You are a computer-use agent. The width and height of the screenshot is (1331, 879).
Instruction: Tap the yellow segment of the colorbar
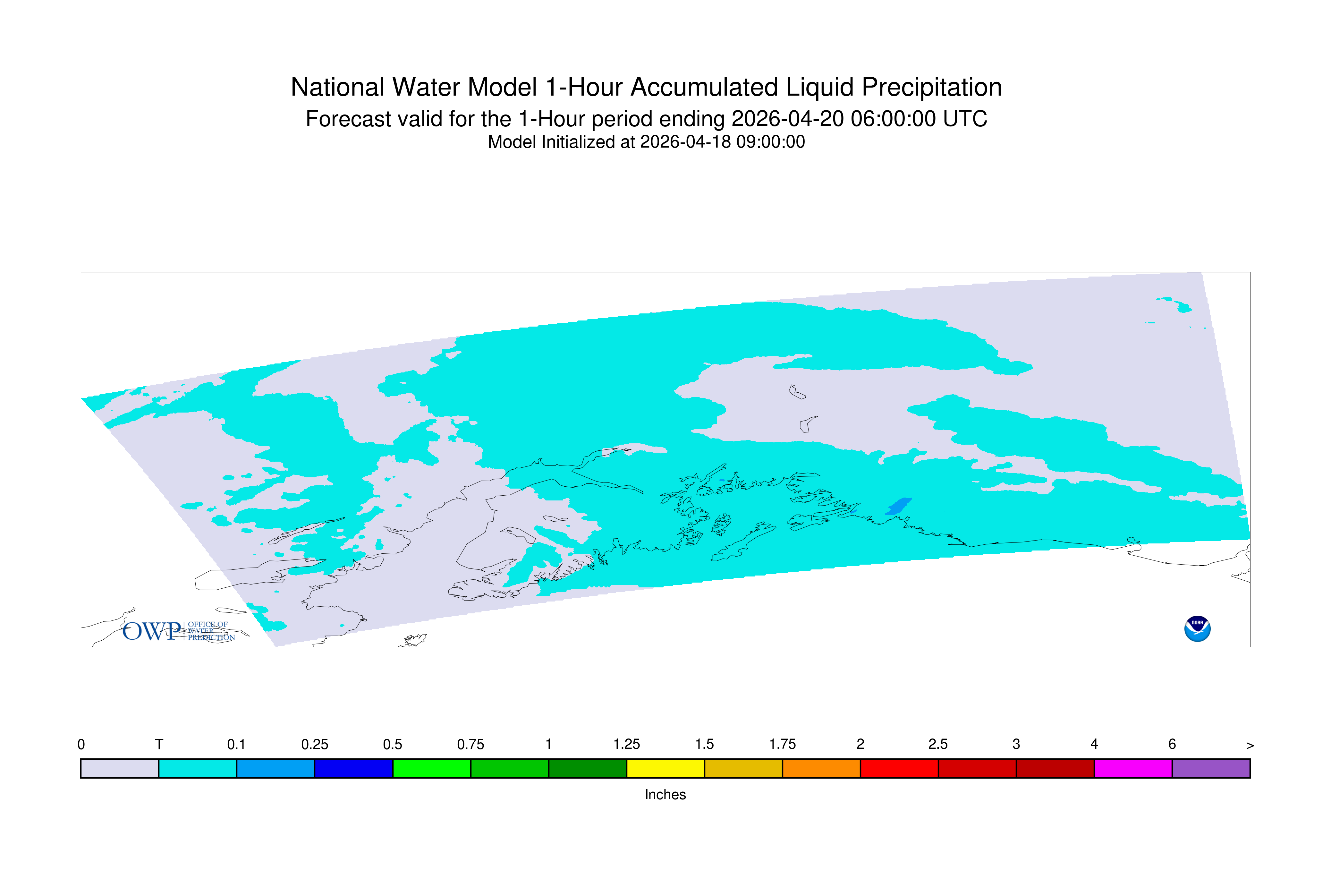click(x=665, y=769)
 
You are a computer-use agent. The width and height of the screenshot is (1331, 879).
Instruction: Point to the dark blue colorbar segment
click(x=354, y=769)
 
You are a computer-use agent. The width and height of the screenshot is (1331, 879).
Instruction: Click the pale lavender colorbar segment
click(x=120, y=769)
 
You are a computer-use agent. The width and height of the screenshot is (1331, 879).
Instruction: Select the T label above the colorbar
click(x=159, y=745)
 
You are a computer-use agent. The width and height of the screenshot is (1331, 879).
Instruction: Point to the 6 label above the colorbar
click(x=1172, y=745)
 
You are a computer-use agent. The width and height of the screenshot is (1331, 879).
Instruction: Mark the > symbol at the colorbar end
click(x=1250, y=746)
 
